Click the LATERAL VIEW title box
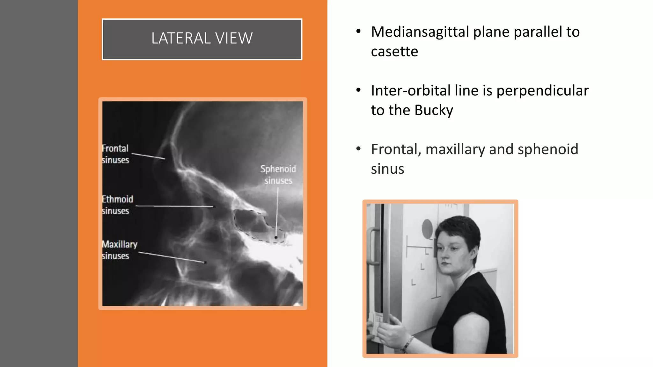click(202, 39)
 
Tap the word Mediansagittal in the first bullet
click(420, 32)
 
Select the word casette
click(394, 52)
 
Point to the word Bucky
click(434, 110)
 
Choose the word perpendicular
click(542, 90)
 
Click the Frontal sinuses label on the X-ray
click(115, 154)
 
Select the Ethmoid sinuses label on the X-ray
click(117, 205)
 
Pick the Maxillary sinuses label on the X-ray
click(119, 250)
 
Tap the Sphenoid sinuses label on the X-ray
click(278, 175)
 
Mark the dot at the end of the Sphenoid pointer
click(276, 237)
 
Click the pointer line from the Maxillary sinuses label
click(172, 257)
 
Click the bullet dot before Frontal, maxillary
click(358, 149)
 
